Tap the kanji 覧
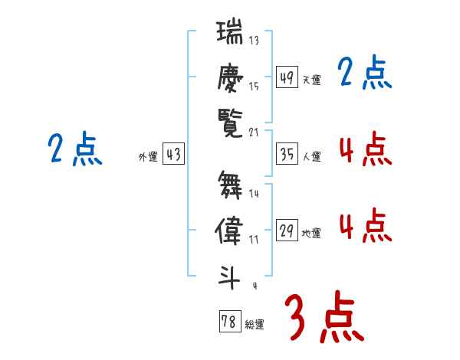click(x=229, y=123)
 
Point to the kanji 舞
click(x=229, y=185)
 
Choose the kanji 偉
click(x=229, y=231)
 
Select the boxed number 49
click(x=287, y=77)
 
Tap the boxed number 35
click(x=287, y=154)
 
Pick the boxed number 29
click(x=287, y=231)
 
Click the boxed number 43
click(x=173, y=154)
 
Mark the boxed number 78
click(x=229, y=321)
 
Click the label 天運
click(x=311, y=80)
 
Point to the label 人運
click(x=311, y=157)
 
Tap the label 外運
click(x=148, y=157)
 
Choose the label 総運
click(x=255, y=324)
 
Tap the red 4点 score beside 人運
click(x=363, y=149)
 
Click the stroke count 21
click(x=255, y=132)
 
